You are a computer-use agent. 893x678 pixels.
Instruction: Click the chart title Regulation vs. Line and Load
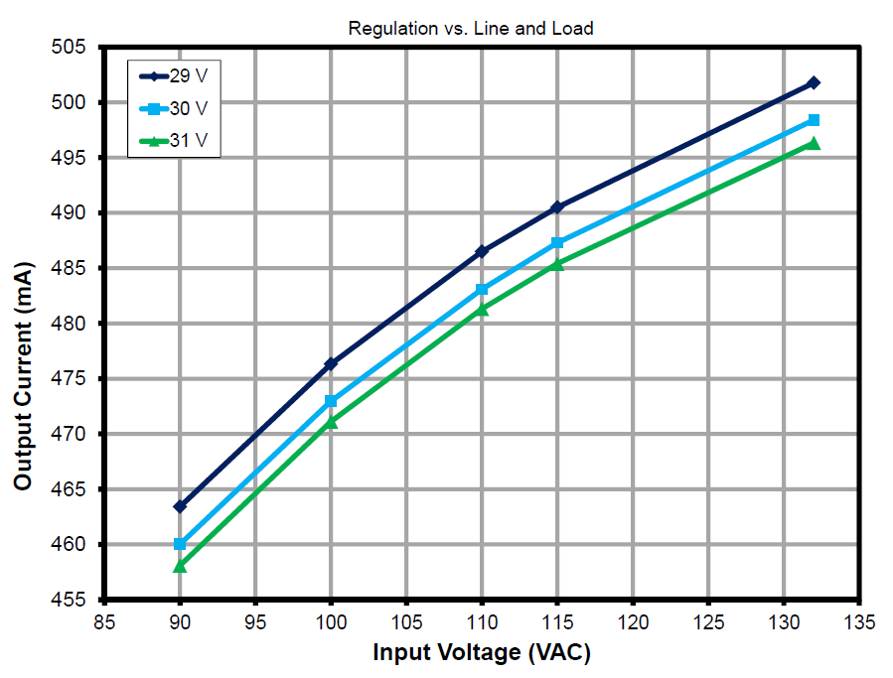pos(470,29)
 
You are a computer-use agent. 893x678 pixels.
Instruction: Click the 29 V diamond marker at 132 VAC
pos(814,82)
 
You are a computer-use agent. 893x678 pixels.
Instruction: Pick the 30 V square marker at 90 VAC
pos(180,544)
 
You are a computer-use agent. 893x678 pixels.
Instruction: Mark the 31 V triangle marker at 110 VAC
pos(482,309)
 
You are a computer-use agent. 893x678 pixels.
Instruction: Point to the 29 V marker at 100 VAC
pos(331,364)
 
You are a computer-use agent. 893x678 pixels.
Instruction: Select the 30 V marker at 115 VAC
pos(557,242)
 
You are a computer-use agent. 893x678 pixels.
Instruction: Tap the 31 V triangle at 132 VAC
pos(814,143)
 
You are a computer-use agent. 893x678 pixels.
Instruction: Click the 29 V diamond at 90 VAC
pos(180,506)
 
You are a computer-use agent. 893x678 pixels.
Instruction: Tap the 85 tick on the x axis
pos(104,622)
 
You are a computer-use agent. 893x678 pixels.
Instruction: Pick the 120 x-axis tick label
pos(633,622)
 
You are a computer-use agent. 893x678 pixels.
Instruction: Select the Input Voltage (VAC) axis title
pos(482,653)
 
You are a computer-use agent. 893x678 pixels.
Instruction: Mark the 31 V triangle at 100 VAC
pos(331,422)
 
